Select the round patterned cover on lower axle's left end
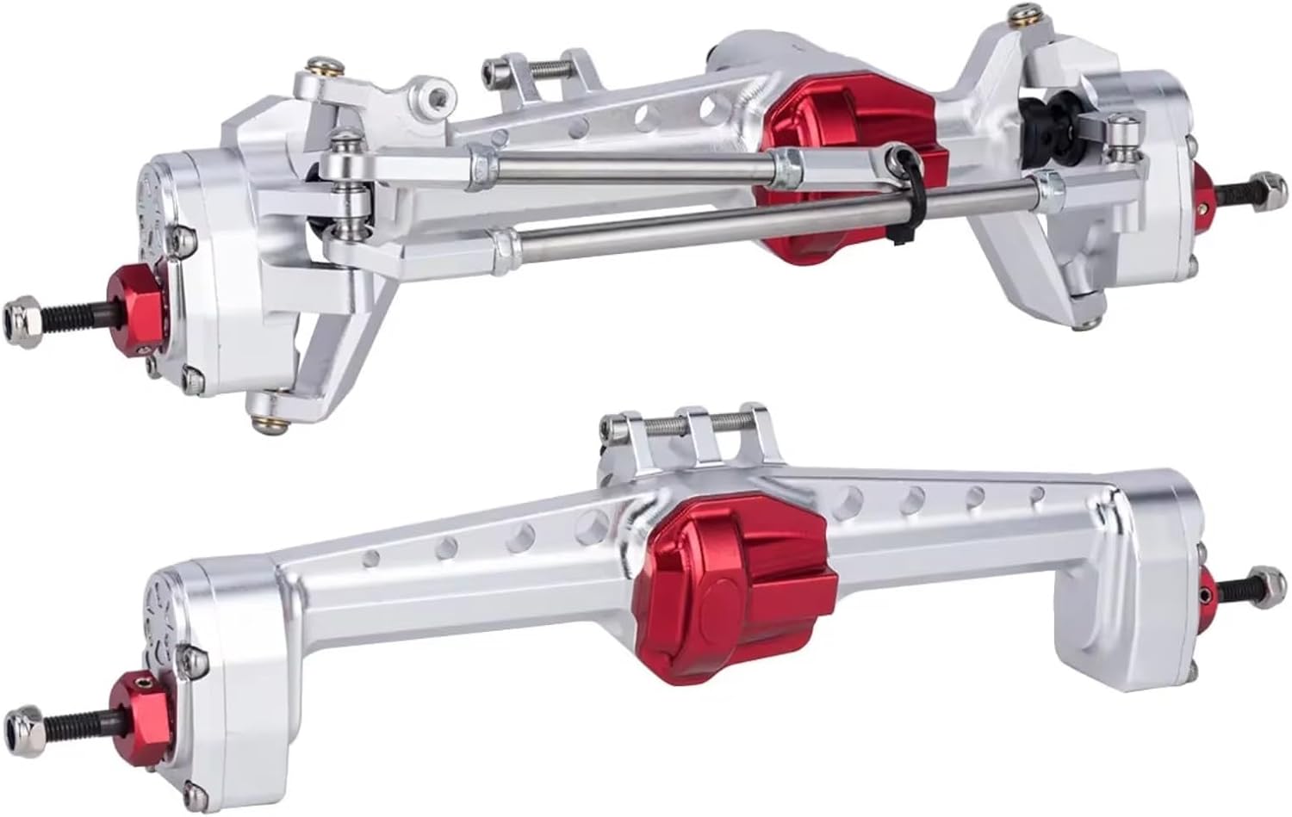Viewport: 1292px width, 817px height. [x=164, y=603]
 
